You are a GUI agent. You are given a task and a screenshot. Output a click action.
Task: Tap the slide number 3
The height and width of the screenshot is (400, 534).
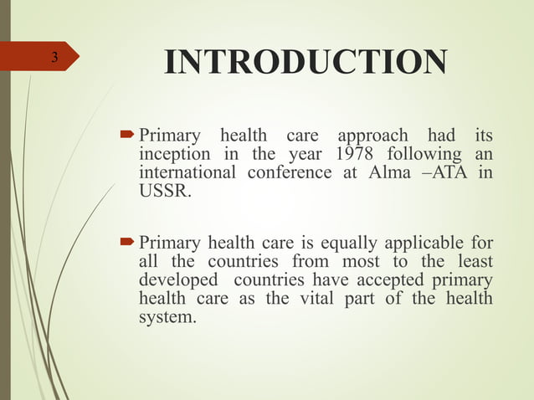54,58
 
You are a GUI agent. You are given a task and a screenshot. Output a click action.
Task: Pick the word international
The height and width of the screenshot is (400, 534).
187,173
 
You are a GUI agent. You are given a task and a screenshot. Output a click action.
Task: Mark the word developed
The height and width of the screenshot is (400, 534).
176,281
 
